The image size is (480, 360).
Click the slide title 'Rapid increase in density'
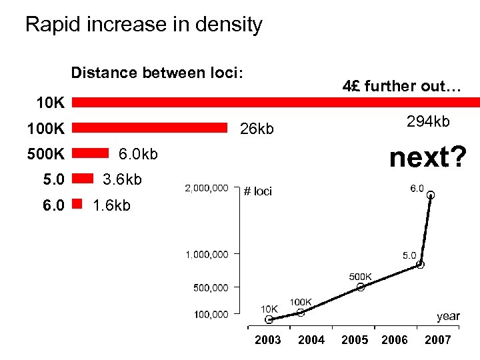coord(144,25)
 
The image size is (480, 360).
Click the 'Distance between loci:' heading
coord(157,72)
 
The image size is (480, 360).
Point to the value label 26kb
coord(257,129)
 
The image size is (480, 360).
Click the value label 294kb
coord(428,121)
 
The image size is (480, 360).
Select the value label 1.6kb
coord(112,205)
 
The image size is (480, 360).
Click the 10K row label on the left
coord(50,103)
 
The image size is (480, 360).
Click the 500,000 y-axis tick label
coord(211,287)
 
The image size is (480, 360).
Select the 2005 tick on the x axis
coord(354,340)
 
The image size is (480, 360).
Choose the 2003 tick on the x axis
coord(267,340)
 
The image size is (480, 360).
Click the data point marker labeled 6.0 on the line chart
coord(431,195)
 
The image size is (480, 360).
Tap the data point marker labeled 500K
coord(361,287)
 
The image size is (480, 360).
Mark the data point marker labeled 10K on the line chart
coord(269,319)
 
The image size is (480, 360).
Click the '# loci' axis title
coord(258,192)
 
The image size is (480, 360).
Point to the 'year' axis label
coord(448,316)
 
